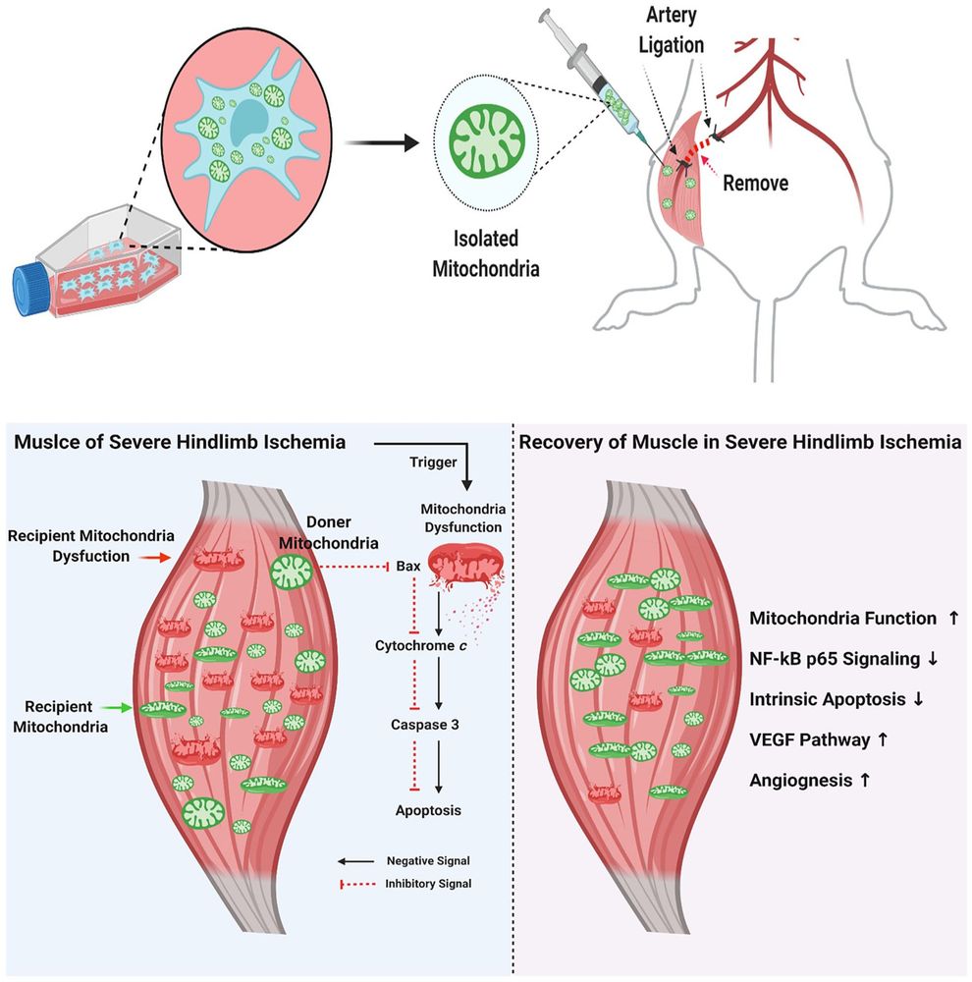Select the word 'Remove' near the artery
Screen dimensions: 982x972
[x=756, y=182]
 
